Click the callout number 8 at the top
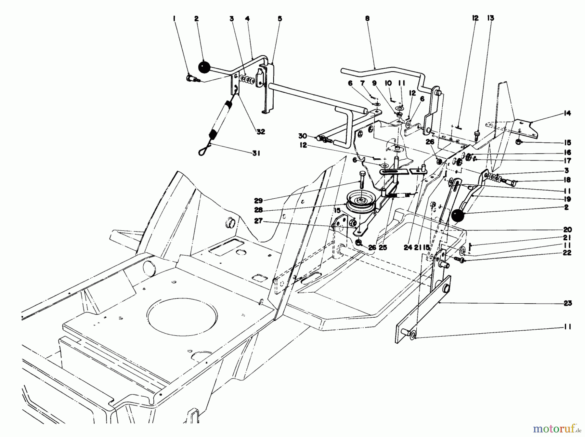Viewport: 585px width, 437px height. coord(367,19)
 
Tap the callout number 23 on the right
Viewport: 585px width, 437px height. coord(568,303)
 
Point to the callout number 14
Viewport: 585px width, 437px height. coord(567,113)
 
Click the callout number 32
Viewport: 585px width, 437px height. coord(261,132)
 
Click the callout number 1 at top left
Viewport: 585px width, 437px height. coord(175,19)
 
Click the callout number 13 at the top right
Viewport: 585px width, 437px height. coord(491,19)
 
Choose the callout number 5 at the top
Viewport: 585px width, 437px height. coord(280,19)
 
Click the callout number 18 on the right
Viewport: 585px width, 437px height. coord(567,180)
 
